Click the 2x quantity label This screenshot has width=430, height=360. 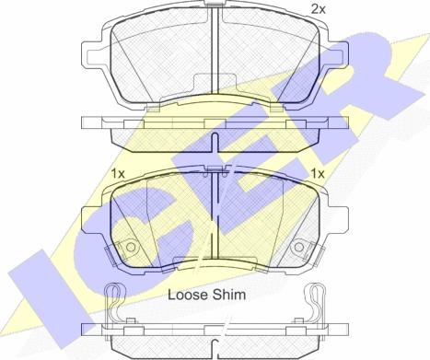319,9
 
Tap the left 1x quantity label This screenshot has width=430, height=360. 118,174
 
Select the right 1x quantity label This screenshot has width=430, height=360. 318,174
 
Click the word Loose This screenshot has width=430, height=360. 188,295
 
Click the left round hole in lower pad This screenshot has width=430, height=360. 131,247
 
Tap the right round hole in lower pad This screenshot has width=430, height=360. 299,247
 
